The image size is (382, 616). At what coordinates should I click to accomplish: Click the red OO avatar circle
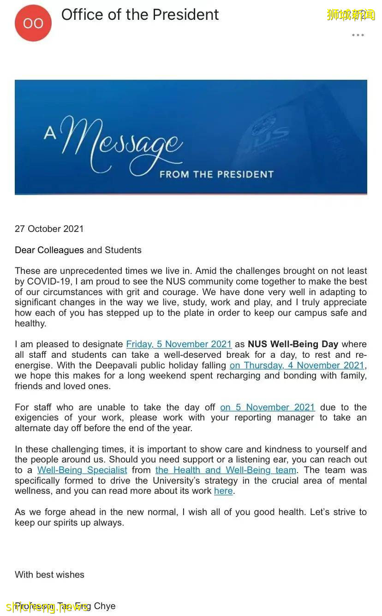[x=33, y=23]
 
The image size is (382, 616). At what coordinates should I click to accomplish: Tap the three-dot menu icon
[x=358, y=35]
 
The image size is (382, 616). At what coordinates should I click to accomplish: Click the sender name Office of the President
[x=140, y=15]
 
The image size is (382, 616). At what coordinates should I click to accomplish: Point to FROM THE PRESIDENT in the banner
[x=216, y=174]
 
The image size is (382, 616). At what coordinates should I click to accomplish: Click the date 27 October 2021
[x=49, y=229]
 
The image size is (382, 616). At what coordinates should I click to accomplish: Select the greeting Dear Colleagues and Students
[x=78, y=250]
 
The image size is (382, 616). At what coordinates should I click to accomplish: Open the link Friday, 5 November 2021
[x=179, y=344]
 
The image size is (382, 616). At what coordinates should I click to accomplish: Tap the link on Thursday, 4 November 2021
[x=297, y=365]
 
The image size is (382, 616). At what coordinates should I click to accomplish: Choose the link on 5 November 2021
[x=268, y=407]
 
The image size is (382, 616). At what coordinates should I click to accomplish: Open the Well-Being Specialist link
[x=82, y=470]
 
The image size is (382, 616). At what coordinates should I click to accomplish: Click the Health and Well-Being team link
[x=226, y=470]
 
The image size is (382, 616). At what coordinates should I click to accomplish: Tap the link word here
[x=223, y=491]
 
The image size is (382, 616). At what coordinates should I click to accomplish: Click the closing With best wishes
[x=49, y=575]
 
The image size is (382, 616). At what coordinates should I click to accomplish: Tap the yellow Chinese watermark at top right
[x=351, y=15]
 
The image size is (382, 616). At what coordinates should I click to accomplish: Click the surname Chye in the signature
[x=104, y=606]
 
